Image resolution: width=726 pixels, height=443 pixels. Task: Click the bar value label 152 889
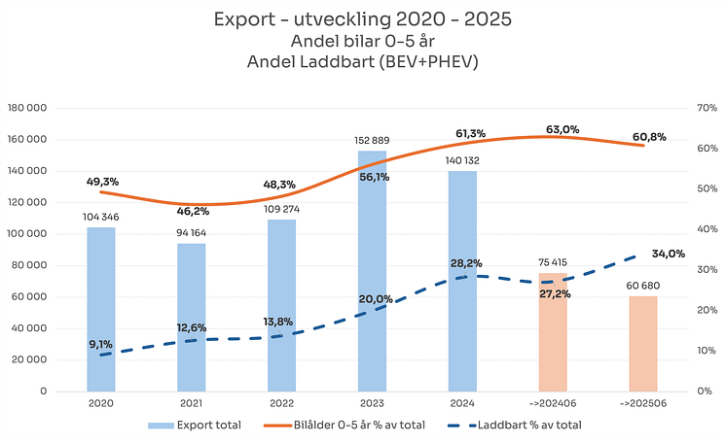[372, 141]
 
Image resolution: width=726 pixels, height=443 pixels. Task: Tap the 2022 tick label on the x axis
[281, 401]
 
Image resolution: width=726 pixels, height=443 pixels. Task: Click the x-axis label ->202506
[642, 401]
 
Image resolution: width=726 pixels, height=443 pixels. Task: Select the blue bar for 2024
[462, 282]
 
